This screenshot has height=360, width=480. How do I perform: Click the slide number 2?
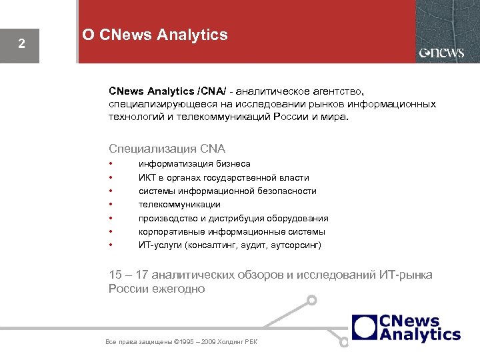[x=21, y=45]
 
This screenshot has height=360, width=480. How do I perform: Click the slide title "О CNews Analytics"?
[x=155, y=35]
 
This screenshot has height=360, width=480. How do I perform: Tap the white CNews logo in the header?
[x=441, y=53]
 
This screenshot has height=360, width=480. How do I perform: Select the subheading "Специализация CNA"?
[x=167, y=148]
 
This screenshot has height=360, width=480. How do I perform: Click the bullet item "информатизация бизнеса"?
[x=194, y=163]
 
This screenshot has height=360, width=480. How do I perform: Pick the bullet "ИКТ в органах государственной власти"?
[x=223, y=177]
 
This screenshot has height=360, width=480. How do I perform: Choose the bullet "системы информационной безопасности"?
[x=227, y=191]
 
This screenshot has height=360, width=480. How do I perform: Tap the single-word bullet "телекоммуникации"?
[x=179, y=205]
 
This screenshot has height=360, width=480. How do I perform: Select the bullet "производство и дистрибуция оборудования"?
[x=233, y=218]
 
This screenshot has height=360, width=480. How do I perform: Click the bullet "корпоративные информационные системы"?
[x=231, y=231]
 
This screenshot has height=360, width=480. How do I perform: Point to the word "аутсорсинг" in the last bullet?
[x=296, y=245]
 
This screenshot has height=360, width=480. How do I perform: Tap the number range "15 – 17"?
[x=129, y=275]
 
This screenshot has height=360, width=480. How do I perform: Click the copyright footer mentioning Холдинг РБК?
[x=181, y=342]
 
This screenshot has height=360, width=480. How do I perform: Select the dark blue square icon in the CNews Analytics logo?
[x=365, y=327]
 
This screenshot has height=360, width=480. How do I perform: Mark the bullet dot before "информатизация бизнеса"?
[x=111, y=163]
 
